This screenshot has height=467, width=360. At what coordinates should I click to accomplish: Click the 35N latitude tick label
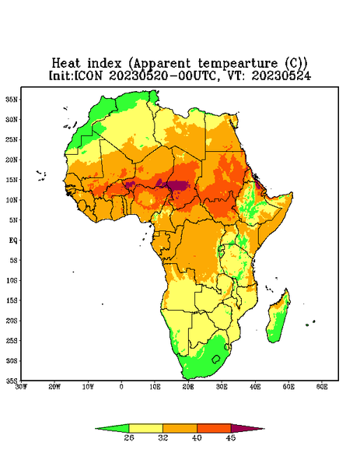coord(12,99)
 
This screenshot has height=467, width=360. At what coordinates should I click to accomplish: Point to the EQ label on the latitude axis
coord(12,240)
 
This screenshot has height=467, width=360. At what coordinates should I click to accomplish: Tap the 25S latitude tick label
coord(12,340)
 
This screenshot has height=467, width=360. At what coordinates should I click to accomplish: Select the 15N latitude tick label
coord(12,180)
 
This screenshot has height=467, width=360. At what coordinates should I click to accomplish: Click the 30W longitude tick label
coord(21,387)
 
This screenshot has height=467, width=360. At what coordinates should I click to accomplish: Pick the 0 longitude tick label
coord(121,387)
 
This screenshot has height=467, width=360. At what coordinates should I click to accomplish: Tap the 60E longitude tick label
coord(322,387)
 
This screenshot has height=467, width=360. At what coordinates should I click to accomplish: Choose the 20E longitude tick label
coord(188,387)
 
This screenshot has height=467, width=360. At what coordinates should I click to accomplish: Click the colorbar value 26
coord(129,437)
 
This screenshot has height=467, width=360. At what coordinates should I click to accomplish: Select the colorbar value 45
coord(231,437)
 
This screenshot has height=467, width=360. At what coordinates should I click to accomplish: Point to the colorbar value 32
coord(163,437)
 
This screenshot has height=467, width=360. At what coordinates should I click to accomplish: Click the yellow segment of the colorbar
coord(145,428)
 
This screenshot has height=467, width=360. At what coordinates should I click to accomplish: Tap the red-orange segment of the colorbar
coord(214,428)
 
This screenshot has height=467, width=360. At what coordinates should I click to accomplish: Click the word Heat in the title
coord(66,63)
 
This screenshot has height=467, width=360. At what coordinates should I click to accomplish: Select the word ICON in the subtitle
coord(89,75)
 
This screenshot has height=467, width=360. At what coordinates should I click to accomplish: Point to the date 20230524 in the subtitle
coord(281,75)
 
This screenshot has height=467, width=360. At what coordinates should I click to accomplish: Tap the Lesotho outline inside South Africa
coord(216,359)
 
